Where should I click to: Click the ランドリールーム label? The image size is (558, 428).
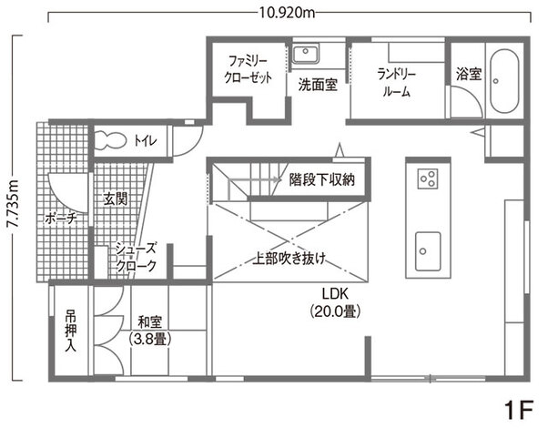396,83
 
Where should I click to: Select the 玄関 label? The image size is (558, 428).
115,198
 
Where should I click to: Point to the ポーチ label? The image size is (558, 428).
58,219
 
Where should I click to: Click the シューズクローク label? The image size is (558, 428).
136,258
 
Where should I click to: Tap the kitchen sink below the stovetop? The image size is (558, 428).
427,245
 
